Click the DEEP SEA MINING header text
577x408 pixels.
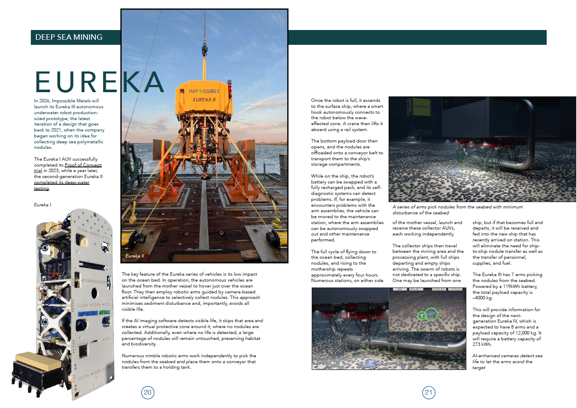[69, 37]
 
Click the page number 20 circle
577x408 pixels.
[147, 392]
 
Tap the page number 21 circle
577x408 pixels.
[428, 392]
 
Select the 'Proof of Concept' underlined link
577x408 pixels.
[83, 165]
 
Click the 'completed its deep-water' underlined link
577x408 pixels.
[62, 182]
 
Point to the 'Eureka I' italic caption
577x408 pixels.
[42, 205]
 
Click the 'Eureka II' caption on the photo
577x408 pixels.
[135, 256]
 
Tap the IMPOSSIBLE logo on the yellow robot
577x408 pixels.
[204, 91]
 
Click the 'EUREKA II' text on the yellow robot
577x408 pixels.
[204, 100]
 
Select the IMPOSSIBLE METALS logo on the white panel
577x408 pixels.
[94, 313]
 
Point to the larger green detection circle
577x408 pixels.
[431, 314]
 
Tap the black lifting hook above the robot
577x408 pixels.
[204, 51]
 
